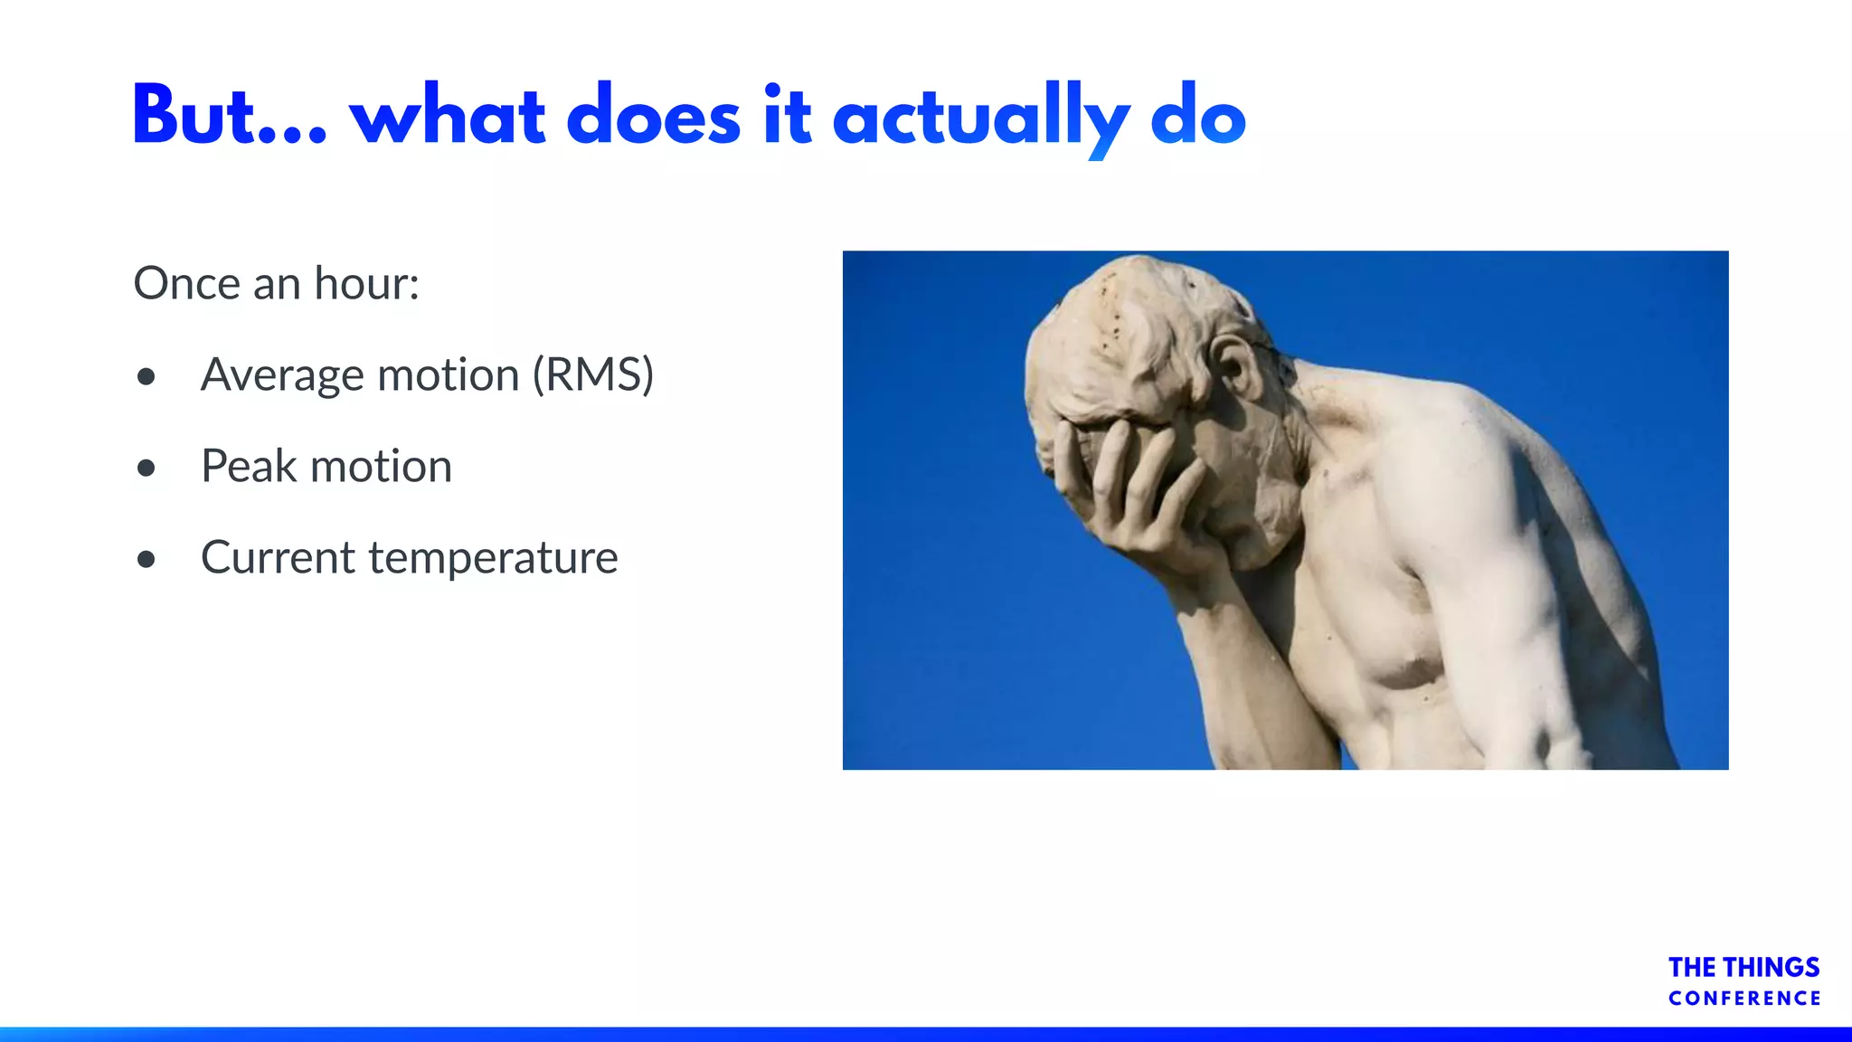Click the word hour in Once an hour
(x=365, y=283)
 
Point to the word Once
(x=186, y=283)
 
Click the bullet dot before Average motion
(x=146, y=376)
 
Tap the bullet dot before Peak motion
(x=146, y=468)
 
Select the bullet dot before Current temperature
(x=146, y=559)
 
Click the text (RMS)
(x=593, y=374)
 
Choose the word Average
(x=283, y=375)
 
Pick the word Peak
(x=248, y=467)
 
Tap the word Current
(x=278, y=557)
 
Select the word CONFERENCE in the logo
(x=1744, y=999)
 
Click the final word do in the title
(x=1198, y=118)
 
